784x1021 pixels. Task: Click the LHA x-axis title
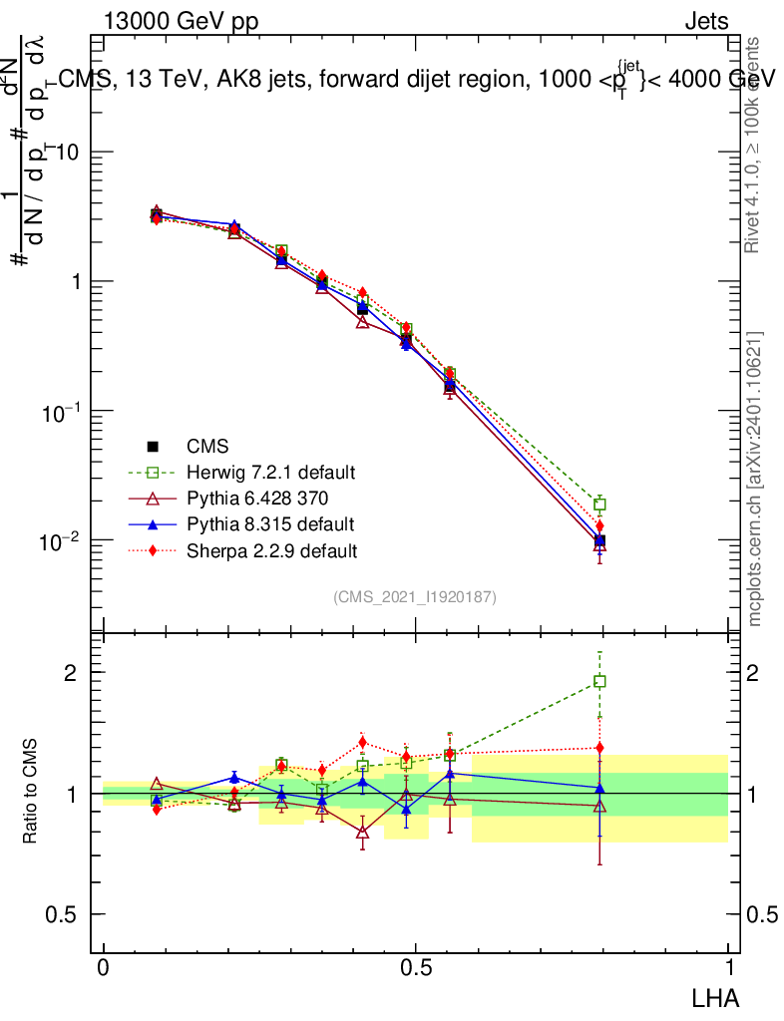[715, 996]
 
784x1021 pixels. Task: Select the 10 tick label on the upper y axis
[66, 153]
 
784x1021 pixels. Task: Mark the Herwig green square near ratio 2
[599, 682]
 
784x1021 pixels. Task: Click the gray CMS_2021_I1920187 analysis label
[415, 596]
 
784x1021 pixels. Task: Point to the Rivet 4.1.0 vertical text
[754, 145]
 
